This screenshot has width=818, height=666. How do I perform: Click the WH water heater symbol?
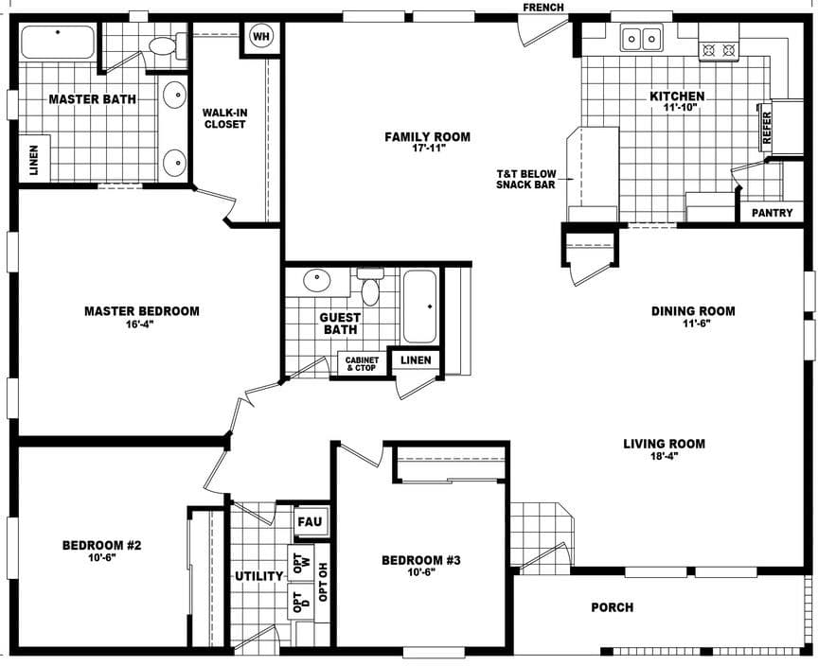click(259, 37)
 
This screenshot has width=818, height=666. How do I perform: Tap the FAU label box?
click(310, 521)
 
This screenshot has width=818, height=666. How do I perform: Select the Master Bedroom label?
click(142, 311)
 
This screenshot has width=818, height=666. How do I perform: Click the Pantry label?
click(772, 213)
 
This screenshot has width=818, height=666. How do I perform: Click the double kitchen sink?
click(641, 39)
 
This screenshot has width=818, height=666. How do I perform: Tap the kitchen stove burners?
click(718, 49)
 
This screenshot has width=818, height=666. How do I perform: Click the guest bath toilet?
click(370, 288)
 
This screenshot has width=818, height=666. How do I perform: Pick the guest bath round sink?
click(316, 281)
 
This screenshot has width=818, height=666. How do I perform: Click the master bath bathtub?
click(58, 43)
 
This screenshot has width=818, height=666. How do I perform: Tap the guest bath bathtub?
click(420, 307)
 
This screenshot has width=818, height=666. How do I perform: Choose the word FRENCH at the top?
click(543, 8)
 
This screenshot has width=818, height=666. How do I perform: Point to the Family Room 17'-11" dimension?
click(427, 149)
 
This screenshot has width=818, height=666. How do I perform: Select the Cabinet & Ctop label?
click(362, 363)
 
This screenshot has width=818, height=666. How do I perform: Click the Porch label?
click(612, 607)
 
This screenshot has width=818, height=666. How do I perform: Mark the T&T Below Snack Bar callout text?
click(525, 179)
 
